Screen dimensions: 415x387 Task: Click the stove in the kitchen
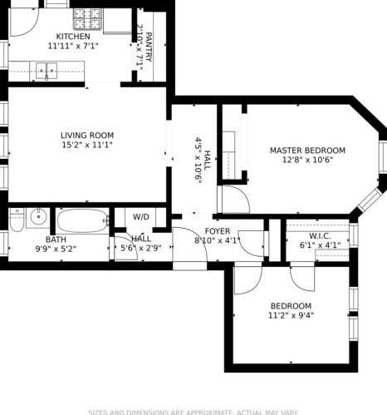tap(86, 17)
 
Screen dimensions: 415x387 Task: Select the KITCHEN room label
tap(73, 37)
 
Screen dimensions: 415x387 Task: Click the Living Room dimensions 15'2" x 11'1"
tap(86, 145)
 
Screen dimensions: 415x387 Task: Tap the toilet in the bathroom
tap(17, 220)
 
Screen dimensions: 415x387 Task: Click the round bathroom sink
tap(37, 219)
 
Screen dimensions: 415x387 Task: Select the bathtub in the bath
tap(81, 220)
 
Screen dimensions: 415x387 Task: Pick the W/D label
tap(141, 217)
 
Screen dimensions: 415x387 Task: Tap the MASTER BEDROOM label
tap(307, 151)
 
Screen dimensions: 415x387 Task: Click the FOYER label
tap(218, 231)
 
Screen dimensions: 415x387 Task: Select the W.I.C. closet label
tap(320, 235)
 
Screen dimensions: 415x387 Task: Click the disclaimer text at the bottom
tap(193, 412)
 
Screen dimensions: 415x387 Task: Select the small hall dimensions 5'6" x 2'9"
tap(141, 248)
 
